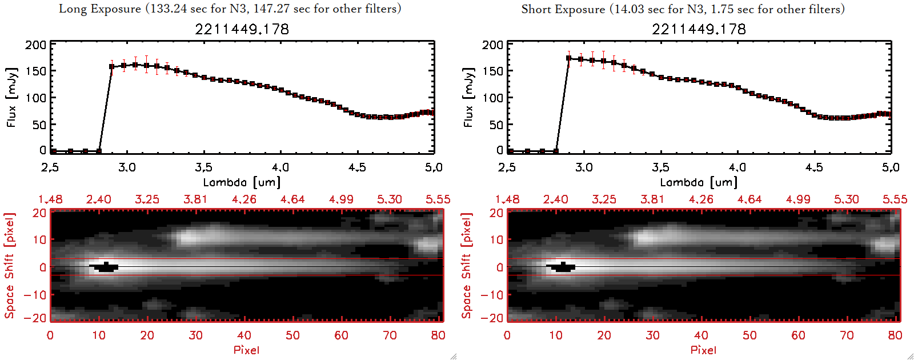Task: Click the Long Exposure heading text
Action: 230,9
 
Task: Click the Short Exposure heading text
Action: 683,9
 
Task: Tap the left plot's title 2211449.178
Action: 242,29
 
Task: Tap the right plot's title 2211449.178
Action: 699,29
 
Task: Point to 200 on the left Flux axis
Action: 36,45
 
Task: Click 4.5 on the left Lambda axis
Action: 357,167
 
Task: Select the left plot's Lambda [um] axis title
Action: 242,182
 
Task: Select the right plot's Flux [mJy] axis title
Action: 468,98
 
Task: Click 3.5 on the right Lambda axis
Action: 660,167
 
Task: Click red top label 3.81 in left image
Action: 195,199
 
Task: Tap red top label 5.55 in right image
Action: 895,199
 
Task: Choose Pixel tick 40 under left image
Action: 244,335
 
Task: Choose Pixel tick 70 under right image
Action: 847,335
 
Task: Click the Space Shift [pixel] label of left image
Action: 10,266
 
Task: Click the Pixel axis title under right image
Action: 703,350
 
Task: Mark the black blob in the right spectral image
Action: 561,267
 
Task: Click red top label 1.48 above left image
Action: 50,199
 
